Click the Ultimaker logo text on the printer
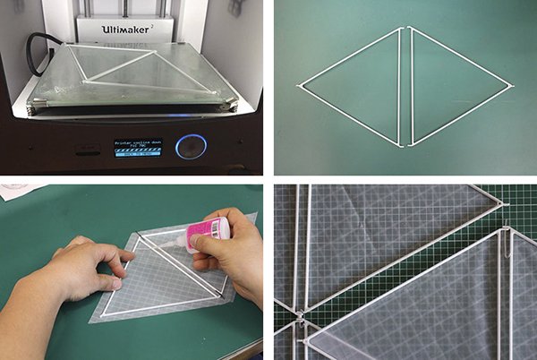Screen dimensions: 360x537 tap(131, 28)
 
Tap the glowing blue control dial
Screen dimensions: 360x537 tap(189, 145)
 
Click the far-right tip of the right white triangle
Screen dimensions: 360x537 tap(512, 86)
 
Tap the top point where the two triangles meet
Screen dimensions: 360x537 tap(405, 30)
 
